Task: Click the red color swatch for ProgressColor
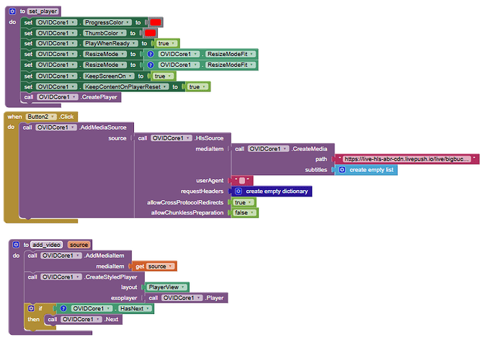point(156,22)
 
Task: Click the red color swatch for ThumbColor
point(150,33)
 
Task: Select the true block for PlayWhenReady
point(166,43)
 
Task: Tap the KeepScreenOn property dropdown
point(109,76)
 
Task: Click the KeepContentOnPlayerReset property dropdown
point(126,87)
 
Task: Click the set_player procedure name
point(43,12)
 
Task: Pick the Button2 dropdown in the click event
point(41,117)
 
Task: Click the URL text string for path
point(407,159)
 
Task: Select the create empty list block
point(366,170)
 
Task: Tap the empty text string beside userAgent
point(242,181)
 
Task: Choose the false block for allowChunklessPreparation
point(245,212)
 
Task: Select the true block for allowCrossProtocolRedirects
point(244,202)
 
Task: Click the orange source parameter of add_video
point(79,245)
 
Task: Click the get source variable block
point(154,266)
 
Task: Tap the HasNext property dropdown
point(135,308)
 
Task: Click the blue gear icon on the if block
point(31,308)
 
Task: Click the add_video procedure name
point(47,245)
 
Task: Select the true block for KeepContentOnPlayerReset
point(198,87)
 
